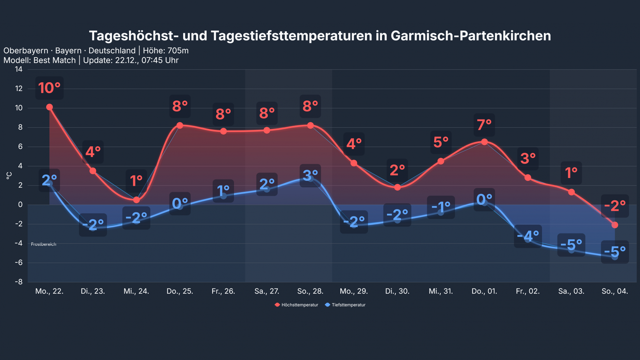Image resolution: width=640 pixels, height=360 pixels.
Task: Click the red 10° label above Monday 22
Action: (49, 88)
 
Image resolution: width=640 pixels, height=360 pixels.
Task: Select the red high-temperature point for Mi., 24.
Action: (136, 200)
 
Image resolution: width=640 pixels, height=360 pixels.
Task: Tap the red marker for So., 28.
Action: (311, 125)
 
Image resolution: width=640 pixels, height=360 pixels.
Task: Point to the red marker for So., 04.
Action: (615, 225)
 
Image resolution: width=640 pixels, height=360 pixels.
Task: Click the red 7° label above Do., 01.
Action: (484, 125)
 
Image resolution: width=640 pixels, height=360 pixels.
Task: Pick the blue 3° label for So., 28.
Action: (310, 175)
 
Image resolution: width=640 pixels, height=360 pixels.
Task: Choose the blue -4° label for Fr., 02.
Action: (528, 236)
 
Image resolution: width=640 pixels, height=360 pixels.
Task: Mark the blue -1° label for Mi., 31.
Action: (441, 207)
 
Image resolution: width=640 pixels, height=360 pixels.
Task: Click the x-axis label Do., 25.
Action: (180, 291)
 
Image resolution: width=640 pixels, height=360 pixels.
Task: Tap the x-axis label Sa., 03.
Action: (571, 291)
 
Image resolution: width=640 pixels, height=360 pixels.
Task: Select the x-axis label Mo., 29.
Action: (354, 291)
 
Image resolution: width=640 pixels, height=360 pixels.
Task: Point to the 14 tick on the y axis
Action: (19, 69)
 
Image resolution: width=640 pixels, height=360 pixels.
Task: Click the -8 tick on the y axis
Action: (19, 282)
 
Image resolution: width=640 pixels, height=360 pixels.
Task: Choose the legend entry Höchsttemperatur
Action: (299, 305)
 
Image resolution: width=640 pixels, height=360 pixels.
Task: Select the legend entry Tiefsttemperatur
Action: (348, 305)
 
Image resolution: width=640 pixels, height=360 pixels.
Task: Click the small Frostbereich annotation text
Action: (44, 244)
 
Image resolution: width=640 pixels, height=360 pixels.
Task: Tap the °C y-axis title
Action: (9, 175)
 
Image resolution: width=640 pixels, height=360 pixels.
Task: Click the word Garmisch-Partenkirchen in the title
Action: (471, 36)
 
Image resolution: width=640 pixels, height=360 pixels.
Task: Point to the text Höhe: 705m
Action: (166, 51)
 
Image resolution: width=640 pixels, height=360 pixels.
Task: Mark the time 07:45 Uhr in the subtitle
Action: (160, 60)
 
